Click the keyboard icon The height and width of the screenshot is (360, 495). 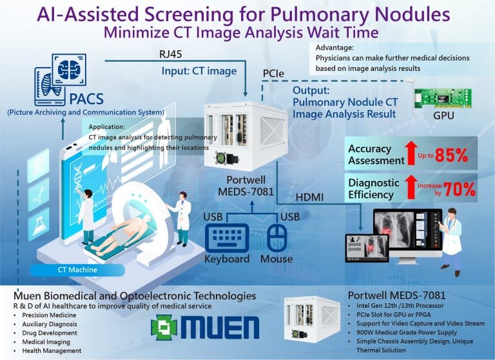pos(227,238)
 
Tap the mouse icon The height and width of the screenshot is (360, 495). pos(277,238)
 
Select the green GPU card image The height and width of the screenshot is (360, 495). pos(443,98)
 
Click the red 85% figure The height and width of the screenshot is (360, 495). pos(451,155)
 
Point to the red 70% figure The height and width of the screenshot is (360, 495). pos(460,189)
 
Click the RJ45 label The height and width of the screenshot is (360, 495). pos(170,54)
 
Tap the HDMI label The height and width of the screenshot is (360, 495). pos(309,198)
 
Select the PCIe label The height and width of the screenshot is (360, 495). pos(273,73)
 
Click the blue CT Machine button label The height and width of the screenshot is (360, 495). pos(77,270)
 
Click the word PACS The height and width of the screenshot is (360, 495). pos(86,99)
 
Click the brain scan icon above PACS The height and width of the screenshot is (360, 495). pos(69,70)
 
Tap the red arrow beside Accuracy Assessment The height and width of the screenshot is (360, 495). pos(411,153)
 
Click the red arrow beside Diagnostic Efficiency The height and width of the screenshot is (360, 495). pos(411,187)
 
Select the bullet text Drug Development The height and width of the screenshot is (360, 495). pos(50,333)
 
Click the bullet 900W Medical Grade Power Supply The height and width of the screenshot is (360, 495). pos(407,332)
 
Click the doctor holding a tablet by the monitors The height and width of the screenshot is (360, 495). pos(451,242)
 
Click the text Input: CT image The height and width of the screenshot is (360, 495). pos(199,71)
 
